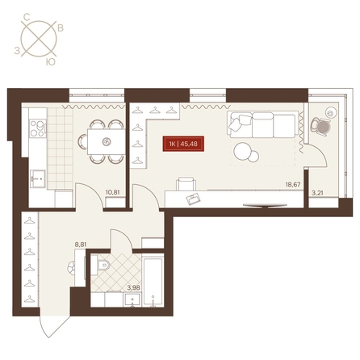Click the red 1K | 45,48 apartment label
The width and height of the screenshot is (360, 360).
click(183, 144)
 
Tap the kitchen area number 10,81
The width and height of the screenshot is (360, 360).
click(112, 192)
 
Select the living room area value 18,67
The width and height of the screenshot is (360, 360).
click(293, 185)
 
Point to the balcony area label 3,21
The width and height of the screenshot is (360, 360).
click(317, 193)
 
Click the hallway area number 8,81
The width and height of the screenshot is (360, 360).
click(81, 245)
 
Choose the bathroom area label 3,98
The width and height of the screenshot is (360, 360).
click(134, 287)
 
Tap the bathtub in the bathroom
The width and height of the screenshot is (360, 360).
click(153, 282)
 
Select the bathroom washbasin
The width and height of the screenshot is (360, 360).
click(132, 299)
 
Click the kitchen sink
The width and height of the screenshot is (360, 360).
click(38, 178)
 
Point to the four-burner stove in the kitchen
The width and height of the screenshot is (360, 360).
click(38, 128)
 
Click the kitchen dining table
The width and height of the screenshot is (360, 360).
click(107, 141)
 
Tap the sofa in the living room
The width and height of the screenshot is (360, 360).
click(262, 124)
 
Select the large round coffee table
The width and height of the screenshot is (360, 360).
click(242, 152)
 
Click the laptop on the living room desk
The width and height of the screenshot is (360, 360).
click(194, 199)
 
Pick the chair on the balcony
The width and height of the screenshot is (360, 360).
click(320, 126)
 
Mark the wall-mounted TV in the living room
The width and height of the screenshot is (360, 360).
click(265, 206)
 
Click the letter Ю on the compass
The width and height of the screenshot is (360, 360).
click(50, 62)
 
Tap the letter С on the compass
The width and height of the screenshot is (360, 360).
click(27, 18)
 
